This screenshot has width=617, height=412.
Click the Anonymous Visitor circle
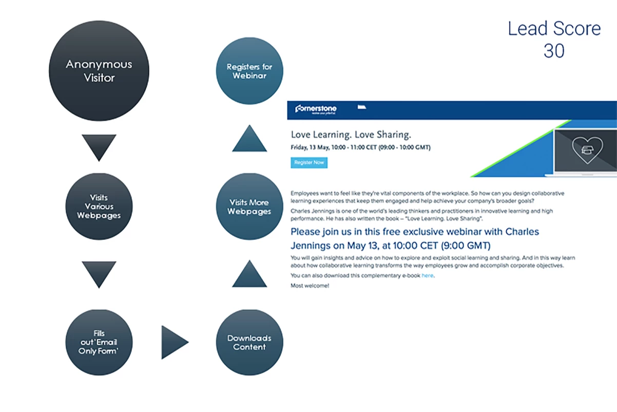pos(99,71)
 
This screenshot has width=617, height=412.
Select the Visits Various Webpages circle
pos(99,207)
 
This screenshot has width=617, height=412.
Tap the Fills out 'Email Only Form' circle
pos(99,342)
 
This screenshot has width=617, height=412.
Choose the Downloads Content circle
pos(249,342)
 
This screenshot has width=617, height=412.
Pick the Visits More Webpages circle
pos(249,207)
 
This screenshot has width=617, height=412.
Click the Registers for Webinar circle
pos(249,71)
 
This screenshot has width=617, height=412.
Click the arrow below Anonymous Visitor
pos(99,146)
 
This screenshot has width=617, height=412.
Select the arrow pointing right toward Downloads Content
pos(173,342)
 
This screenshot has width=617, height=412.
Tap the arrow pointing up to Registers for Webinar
pos(249,139)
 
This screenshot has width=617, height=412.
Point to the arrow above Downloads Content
pos(249,274)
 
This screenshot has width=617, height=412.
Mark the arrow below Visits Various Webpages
pos(99,273)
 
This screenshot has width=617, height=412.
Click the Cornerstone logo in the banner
pos(316,109)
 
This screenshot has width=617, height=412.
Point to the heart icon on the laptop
pos(587,149)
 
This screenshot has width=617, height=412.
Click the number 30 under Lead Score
pos(554,51)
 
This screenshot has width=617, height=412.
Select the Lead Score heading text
pos(554,29)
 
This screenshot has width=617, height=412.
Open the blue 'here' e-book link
pos(428,276)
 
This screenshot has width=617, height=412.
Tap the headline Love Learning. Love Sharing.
pos(351,135)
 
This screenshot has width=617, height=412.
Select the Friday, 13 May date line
pos(360,147)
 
